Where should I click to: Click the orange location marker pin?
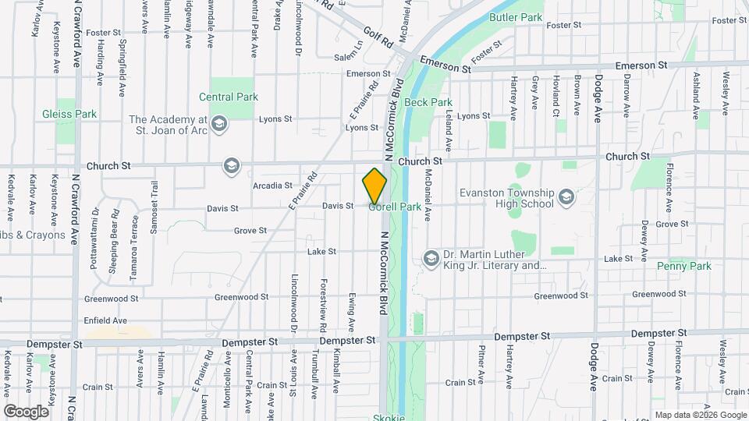pyautogui.click(x=374, y=186)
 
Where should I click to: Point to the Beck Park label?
pyautogui.click(x=428, y=102)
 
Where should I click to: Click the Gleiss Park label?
pyautogui.click(x=69, y=114)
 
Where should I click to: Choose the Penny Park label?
pyautogui.click(x=684, y=266)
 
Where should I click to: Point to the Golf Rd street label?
pyautogui.click(x=378, y=36)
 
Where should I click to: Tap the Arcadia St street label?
pyautogui.click(x=272, y=186)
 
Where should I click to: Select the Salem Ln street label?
pyautogui.click(x=349, y=57)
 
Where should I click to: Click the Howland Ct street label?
pyautogui.click(x=556, y=92)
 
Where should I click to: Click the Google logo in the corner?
pyautogui.click(x=26, y=411)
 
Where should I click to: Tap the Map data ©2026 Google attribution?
pyautogui.click(x=700, y=415)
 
